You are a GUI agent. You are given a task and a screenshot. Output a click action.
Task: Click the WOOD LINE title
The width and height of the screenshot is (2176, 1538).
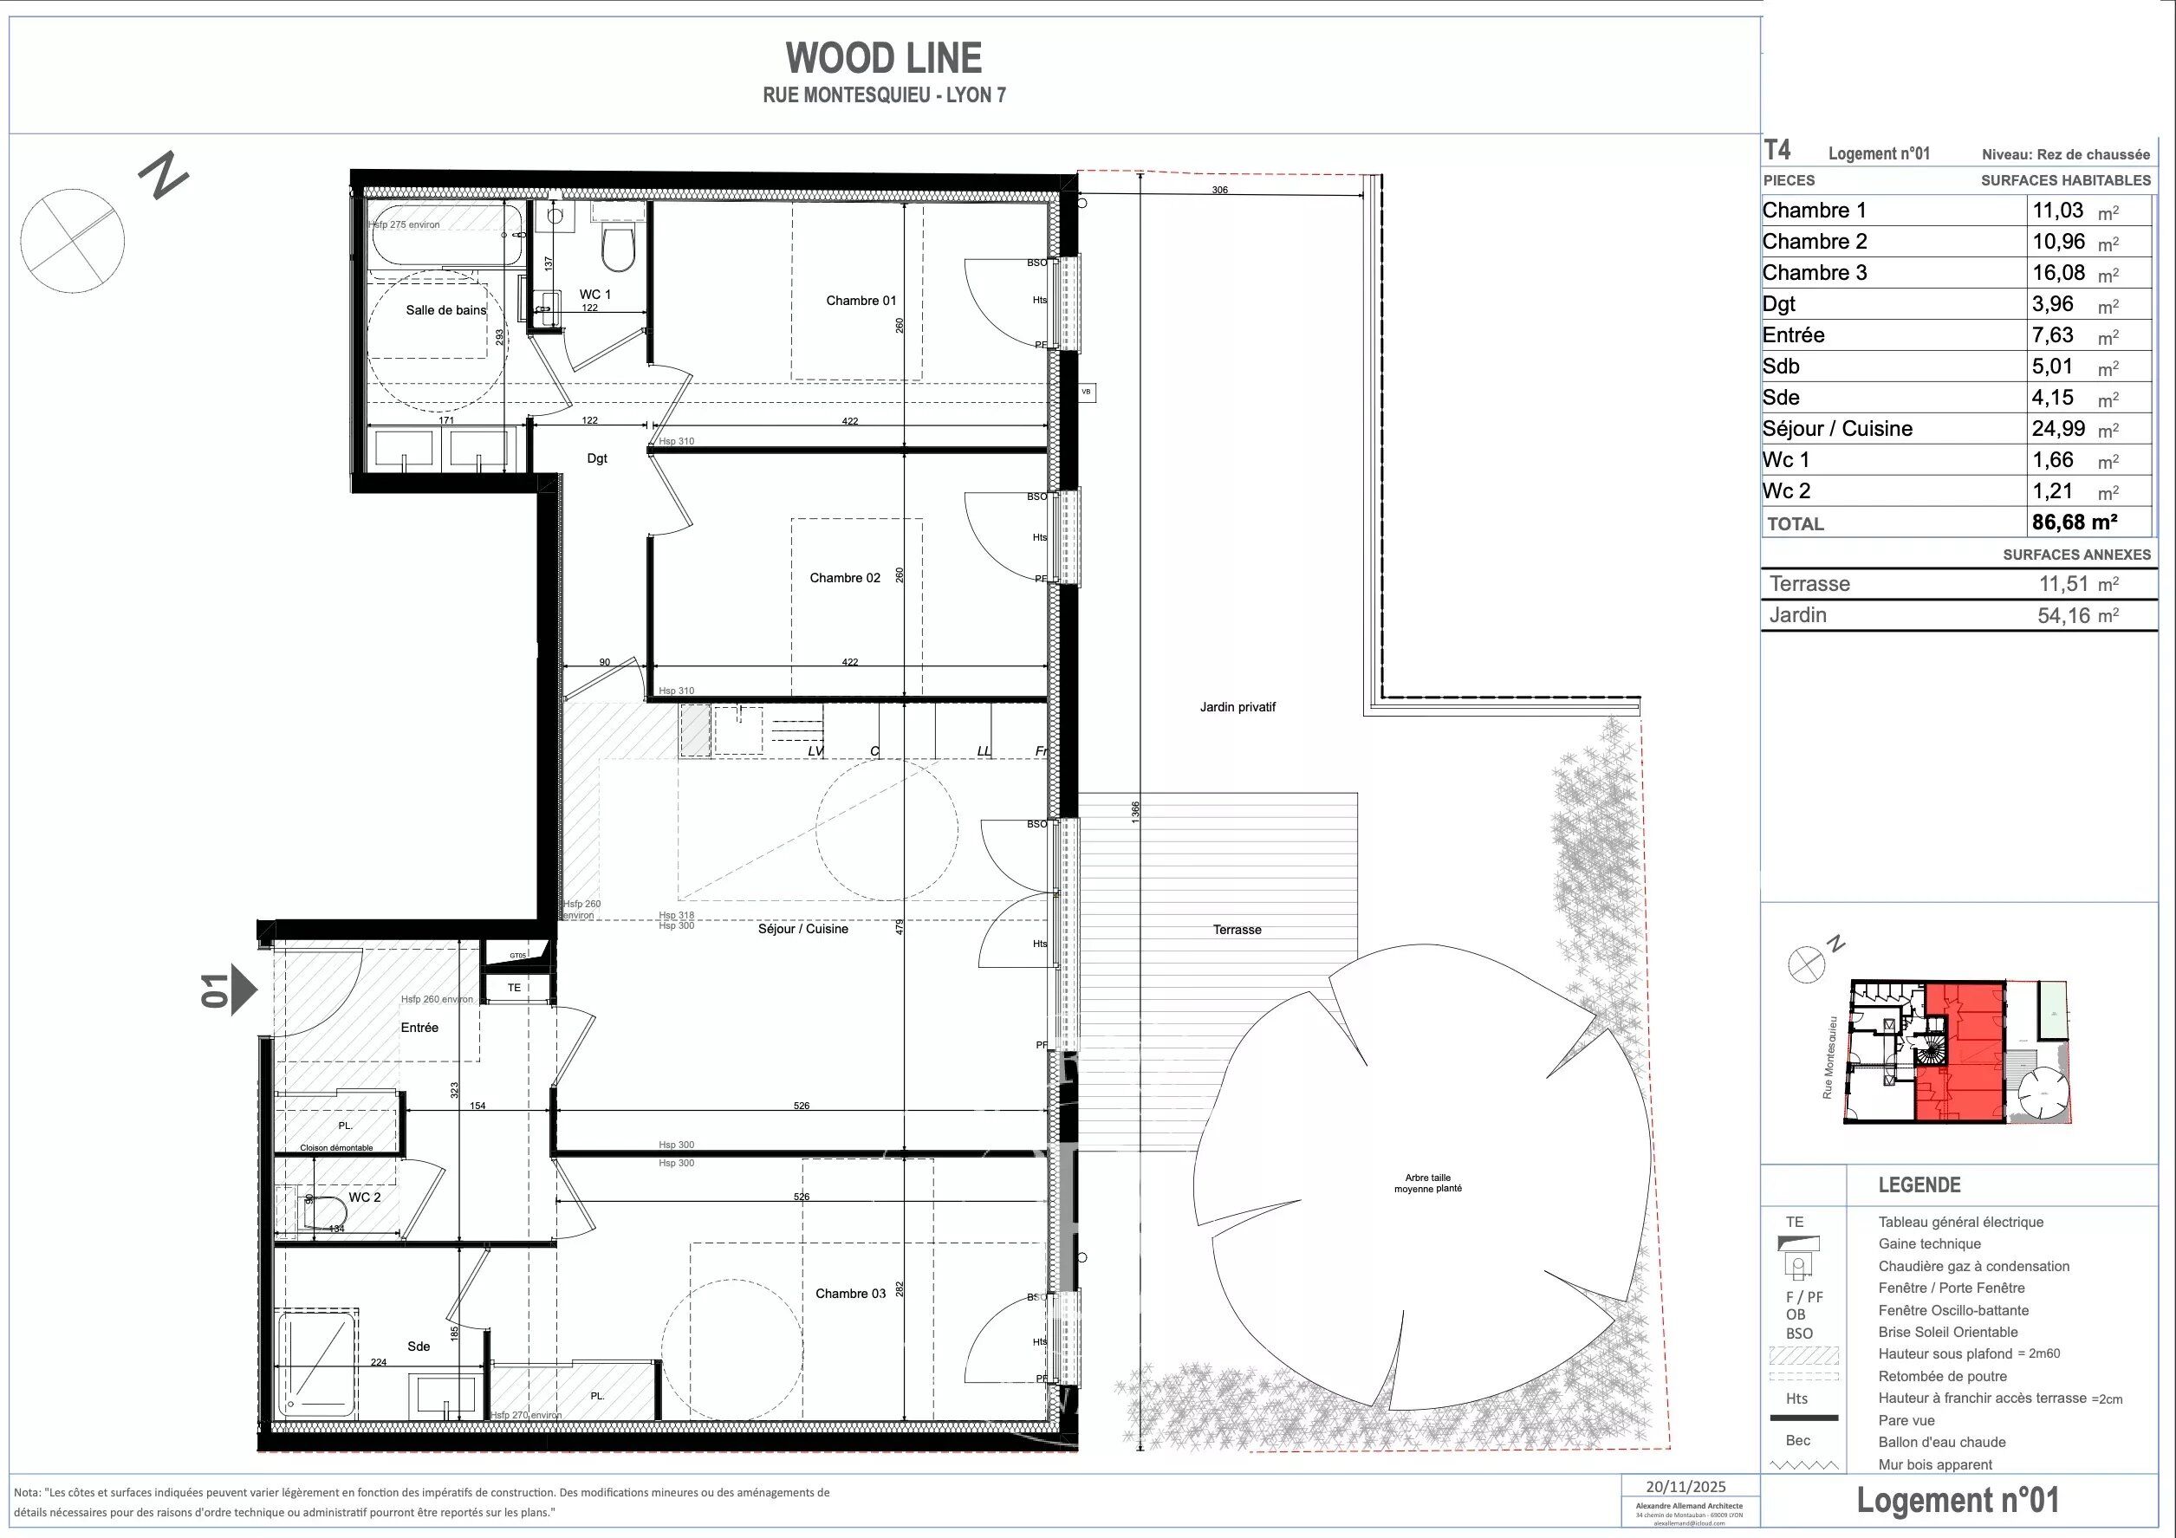(x=883, y=59)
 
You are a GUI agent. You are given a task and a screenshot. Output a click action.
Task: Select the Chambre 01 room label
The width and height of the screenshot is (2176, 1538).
(x=861, y=301)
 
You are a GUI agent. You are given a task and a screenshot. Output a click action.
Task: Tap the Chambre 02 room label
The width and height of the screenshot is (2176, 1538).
(x=844, y=577)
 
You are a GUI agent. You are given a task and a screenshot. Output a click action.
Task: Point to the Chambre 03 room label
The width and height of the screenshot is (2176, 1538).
(x=850, y=1294)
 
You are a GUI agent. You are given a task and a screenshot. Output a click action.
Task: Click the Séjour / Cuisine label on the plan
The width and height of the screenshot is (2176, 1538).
(x=802, y=929)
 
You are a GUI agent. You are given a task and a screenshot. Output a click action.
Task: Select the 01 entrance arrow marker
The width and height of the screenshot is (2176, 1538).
(x=244, y=990)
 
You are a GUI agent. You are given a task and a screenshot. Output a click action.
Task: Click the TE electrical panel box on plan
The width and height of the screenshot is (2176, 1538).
(x=515, y=988)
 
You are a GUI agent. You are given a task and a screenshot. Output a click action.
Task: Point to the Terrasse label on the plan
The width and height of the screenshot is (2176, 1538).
(x=1237, y=930)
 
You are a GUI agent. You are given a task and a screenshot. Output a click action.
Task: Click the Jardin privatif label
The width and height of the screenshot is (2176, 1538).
(x=1237, y=707)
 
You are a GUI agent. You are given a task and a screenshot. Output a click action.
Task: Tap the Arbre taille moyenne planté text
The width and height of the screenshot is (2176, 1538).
(x=1427, y=1183)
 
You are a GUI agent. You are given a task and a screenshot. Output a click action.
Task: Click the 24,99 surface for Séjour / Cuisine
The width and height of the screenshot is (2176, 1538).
(x=2058, y=428)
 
